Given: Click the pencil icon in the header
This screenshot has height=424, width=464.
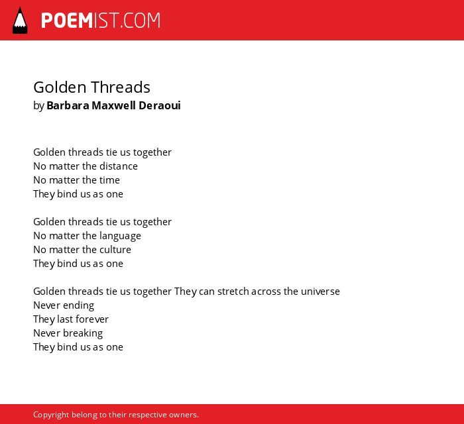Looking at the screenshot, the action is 20,21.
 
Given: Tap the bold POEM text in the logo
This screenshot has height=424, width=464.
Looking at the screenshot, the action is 67,21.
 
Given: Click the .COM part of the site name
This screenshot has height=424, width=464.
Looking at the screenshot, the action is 140,21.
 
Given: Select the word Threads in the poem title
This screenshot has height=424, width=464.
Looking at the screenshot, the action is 121,87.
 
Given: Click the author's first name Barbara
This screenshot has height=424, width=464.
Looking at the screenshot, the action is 68,105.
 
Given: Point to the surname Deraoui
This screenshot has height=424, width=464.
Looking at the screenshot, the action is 160,105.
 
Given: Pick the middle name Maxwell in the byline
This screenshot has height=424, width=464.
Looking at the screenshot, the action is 113,105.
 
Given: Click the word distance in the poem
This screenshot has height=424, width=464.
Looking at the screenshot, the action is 119,166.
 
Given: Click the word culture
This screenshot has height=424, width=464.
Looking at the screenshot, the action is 115,250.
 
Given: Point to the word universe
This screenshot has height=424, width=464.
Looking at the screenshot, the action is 320,291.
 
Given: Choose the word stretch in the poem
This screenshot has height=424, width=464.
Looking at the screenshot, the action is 233,291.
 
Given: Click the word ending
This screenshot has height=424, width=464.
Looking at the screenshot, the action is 78,305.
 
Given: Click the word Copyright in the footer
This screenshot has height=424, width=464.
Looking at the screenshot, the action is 51,415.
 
